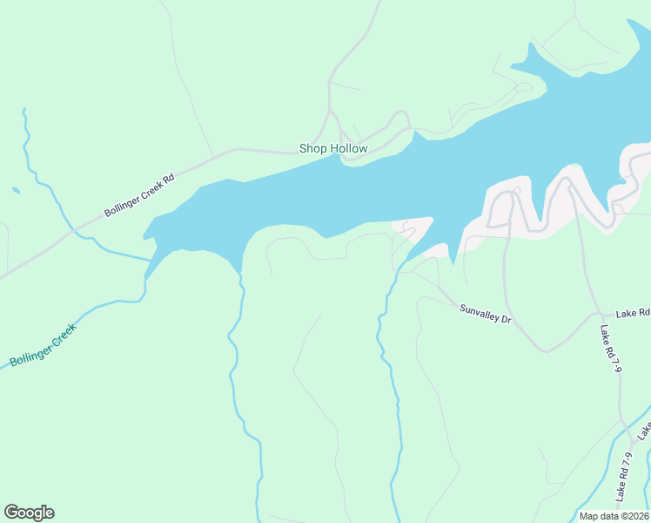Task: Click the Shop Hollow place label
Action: [x=333, y=149]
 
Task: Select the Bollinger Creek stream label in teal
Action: [x=44, y=344]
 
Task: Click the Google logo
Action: [x=29, y=513]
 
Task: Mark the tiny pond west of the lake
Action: [x=16, y=190]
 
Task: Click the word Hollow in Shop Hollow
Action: [x=348, y=149]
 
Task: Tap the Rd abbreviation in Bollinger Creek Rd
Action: [x=169, y=180]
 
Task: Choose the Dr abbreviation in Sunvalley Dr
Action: [x=505, y=320]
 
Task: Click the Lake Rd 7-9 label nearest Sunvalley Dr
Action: [x=611, y=349]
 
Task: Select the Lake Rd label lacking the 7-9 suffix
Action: [x=633, y=312]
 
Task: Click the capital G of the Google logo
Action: [x=11, y=513]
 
